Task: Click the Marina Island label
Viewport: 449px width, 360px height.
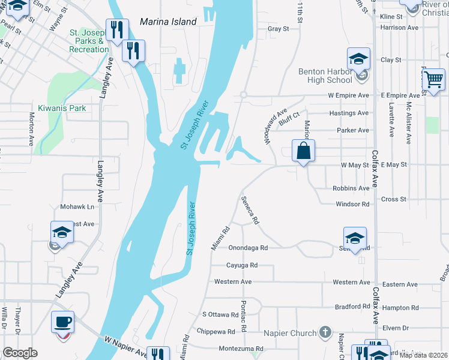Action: (x=168, y=22)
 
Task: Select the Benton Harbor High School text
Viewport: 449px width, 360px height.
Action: (x=325, y=76)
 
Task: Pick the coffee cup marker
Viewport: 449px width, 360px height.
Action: (x=62, y=322)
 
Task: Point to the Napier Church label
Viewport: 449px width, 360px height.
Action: (x=290, y=333)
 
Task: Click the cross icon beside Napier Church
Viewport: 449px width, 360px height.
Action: (x=325, y=332)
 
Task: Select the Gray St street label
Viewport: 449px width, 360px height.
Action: (x=279, y=28)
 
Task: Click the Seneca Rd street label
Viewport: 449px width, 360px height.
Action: (x=250, y=210)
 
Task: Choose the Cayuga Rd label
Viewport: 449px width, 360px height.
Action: (x=241, y=265)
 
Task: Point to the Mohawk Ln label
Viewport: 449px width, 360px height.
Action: (x=77, y=206)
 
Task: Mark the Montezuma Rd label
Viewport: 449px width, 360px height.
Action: (x=241, y=348)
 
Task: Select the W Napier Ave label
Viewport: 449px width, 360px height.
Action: (x=125, y=347)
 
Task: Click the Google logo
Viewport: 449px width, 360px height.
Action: (x=20, y=353)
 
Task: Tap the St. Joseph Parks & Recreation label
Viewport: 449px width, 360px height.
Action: (x=88, y=41)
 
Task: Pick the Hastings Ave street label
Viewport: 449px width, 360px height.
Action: (x=349, y=113)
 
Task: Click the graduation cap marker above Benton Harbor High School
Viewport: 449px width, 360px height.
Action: (x=358, y=58)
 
